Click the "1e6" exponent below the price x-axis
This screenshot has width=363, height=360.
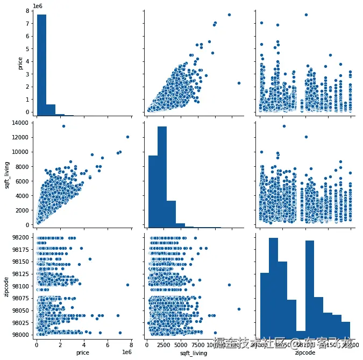coord(125,350)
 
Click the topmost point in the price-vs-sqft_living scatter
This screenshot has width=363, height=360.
coord(229,15)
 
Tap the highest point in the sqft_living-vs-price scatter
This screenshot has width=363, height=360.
coord(63,126)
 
